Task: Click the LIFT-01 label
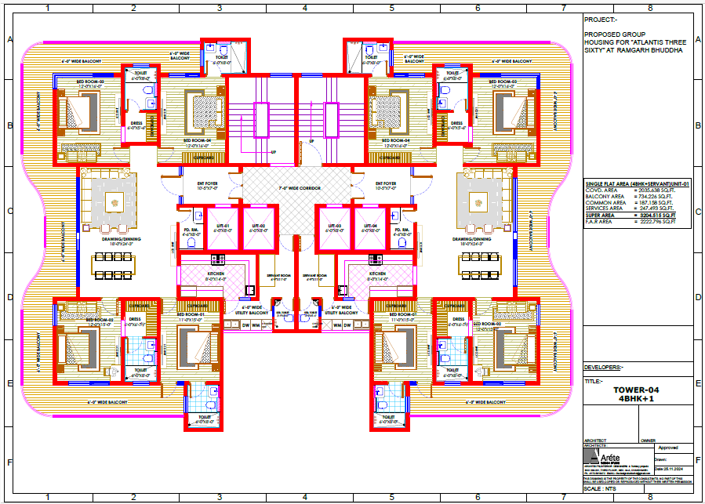coord(223,226)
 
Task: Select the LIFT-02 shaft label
coord(258,226)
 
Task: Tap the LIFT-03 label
coord(336,226)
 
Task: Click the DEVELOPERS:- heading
coord(604,367)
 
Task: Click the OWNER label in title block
coord(648,440)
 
